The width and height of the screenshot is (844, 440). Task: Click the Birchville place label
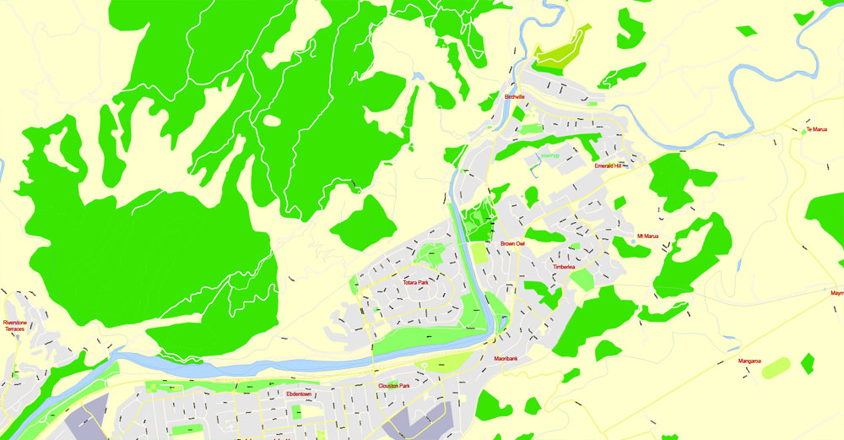(x=515, y=97)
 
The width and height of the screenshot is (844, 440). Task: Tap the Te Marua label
(x=815, y=130)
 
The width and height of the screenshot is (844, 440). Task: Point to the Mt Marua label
(x=647, y=236)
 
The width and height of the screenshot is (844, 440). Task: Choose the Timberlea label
(x=564, y=267)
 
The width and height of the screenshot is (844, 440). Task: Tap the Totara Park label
(x=416, y=282)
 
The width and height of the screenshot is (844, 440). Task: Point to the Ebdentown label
(x=300, y=394)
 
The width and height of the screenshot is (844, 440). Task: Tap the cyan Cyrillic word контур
(x=550, y=156)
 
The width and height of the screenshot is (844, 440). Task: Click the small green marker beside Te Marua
(x=803, y=132)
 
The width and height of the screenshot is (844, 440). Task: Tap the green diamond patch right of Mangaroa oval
(x=808, y=363)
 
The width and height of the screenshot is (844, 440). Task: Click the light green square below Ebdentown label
(x=296, y=411)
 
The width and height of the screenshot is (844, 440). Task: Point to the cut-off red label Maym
(x=836, y=294)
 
